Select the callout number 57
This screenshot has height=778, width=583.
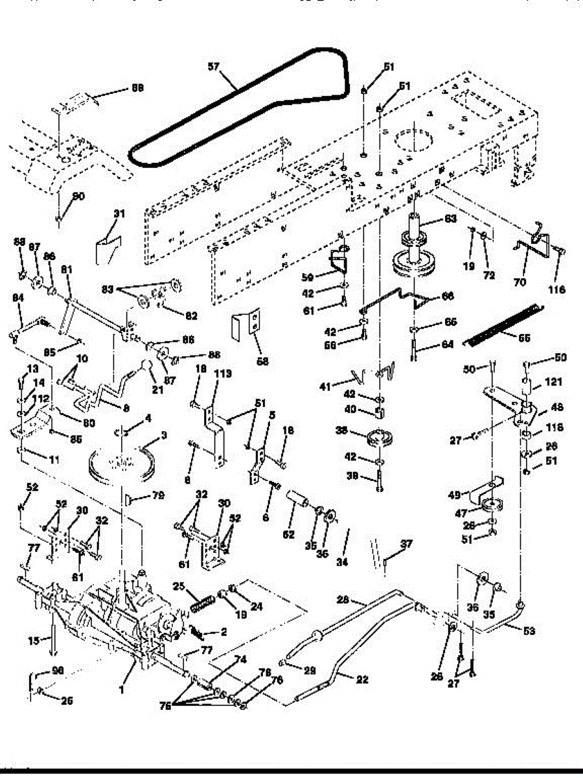click(214, 66)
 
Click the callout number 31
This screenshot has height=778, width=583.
click(118, 214)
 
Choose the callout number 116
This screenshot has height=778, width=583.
click(556, 290)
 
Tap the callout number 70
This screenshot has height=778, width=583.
click(520, 282)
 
